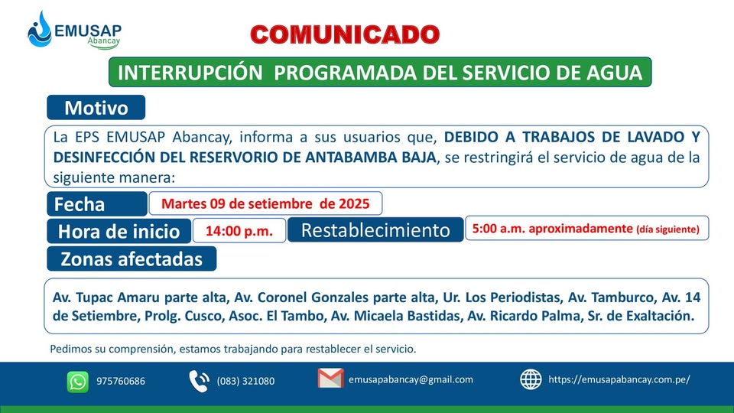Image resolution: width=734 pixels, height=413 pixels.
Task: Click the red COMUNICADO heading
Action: tap(345, 34)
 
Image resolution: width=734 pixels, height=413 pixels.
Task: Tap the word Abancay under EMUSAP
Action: tap(103, 41)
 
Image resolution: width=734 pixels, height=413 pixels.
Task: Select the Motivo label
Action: tap(96, 108)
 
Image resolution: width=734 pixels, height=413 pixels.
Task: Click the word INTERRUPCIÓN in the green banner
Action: tap(190, 73)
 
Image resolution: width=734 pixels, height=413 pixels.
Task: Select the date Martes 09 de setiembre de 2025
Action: tap(265, 203)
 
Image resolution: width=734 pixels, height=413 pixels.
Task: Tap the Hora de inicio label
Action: tap(119, 231)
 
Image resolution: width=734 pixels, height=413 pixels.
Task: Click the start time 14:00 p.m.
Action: tap(239, 231)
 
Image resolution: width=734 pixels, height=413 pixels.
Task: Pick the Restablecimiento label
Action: tap(375, 230)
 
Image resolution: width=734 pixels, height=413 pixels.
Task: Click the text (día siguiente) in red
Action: tap(667, 229)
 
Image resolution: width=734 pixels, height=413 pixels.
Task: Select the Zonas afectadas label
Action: tap(132, 259)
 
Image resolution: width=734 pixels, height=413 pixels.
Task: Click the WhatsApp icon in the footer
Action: tap(78, 382)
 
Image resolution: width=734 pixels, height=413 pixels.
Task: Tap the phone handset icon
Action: tap(200, 381)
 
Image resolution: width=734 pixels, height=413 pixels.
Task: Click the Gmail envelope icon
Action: tap(330, 379)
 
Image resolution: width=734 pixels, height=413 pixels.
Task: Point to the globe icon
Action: tap(531, 379)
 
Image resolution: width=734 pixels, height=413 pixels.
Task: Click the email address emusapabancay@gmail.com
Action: tap(411, 380)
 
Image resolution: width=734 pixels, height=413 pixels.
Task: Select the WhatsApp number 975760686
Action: tap(121, 381)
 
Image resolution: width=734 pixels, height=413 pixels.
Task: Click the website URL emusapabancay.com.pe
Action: tap(619, 380)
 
